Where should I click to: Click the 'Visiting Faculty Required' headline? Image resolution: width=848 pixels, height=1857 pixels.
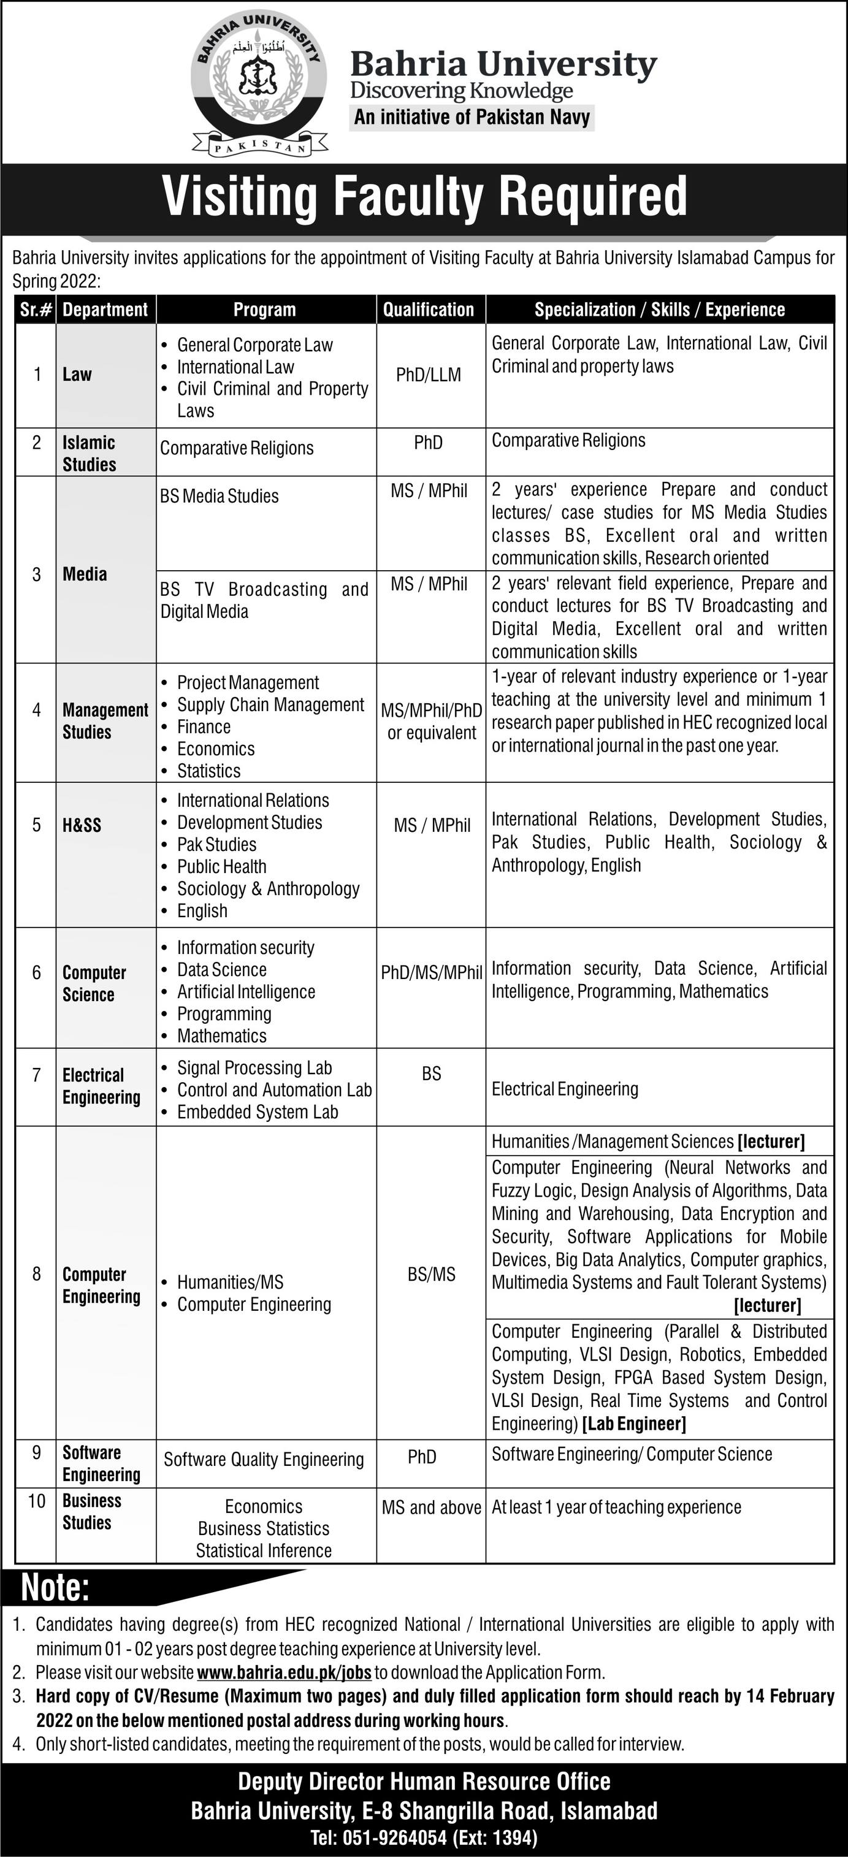tap(424, 196)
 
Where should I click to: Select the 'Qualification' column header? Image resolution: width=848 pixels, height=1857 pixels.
tap(429, 310)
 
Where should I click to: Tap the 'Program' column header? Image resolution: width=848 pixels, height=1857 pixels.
tap(265, 310)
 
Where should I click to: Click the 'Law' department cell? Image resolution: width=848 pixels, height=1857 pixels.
tap(77, 374)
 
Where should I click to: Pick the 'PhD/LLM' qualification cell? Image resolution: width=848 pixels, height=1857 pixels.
tap(429, 375)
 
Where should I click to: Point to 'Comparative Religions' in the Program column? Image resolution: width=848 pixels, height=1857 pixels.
tap(237, 448)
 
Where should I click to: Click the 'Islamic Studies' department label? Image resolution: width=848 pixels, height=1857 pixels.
tap(89, 454)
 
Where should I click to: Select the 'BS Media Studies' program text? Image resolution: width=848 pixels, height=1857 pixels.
tap(220, 496)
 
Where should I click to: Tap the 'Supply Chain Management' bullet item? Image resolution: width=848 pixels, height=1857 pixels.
tap(270, 705)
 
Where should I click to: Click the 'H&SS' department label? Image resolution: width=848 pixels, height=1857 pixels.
tap(82, 825)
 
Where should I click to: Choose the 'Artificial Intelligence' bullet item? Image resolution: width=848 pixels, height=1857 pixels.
tap(246, 992)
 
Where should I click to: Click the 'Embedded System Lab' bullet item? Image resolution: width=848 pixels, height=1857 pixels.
tap(258, 1112)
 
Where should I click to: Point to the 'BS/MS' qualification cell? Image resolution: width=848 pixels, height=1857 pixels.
tap(431, 1275)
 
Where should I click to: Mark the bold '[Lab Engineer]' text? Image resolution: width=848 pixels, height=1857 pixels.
tap(634, 1424)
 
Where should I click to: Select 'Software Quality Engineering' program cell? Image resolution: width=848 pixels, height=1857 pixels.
tap(264, 1460)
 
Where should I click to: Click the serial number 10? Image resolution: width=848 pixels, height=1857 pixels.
tap(36, 1501)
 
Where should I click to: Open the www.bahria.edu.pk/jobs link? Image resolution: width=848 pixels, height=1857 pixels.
tap(284, 1672)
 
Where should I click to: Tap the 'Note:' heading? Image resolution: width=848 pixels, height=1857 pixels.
tap(56, 1588)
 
